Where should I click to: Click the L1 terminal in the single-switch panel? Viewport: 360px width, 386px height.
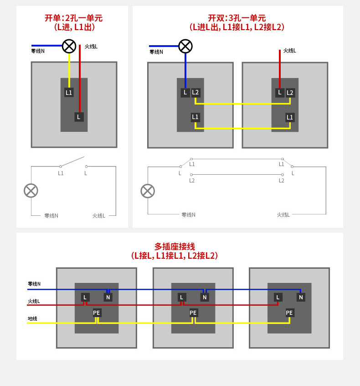point(69,93)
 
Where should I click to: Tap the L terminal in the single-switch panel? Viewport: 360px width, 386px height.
point(79,117)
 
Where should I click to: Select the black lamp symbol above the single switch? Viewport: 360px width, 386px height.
point(69,46)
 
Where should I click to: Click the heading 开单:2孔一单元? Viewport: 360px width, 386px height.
point(73,18)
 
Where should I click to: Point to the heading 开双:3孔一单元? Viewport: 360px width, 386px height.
point(237,18)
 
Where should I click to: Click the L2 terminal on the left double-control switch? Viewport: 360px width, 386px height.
point(195,93)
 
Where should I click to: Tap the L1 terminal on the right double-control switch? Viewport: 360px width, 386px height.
point(290,117)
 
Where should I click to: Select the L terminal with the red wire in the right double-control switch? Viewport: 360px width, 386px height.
point(280,93)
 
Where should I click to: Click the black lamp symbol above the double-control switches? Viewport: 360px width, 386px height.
point(185,46)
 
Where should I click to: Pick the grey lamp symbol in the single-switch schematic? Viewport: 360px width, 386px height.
point(31,191)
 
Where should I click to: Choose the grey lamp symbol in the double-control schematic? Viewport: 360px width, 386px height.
point(148,191)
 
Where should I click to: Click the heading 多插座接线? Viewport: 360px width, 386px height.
point(175,246)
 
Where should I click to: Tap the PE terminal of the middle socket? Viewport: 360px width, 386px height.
point(193,313)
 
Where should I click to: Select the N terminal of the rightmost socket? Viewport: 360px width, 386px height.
point(301,297)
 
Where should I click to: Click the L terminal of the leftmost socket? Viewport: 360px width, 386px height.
point(85,297)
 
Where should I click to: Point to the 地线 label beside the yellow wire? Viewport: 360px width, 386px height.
point(32,318)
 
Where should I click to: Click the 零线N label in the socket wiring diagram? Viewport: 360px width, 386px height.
point(34,284)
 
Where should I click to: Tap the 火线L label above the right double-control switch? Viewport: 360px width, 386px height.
point(290,51)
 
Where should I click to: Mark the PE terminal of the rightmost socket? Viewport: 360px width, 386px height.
point(289,313)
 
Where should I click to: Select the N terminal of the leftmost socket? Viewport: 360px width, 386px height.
point(108,297)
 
